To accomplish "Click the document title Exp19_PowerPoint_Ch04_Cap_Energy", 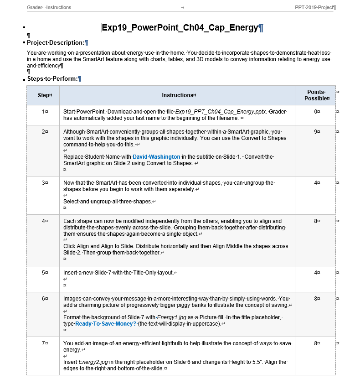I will [x=180, y=28].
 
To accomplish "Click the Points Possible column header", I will [x=316, y=95].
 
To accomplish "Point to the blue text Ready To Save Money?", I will [x=106, y=324].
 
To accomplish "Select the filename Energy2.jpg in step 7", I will [x=93, y=362].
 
